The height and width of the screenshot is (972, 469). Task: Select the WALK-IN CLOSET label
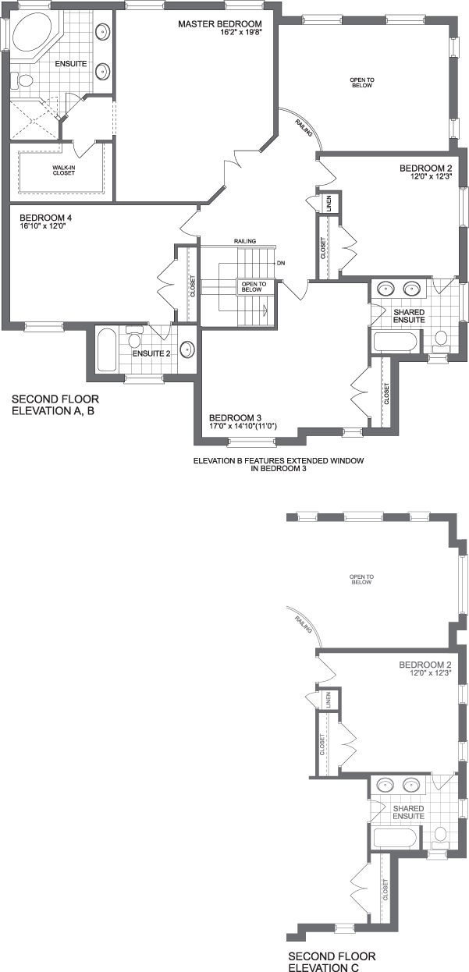[63, 169]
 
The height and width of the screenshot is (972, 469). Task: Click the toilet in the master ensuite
[24, 79]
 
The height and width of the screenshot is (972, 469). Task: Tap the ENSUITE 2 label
[151, 353]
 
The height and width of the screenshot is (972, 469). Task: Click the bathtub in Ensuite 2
[107, 350]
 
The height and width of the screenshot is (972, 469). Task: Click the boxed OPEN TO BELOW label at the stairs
[254, 286]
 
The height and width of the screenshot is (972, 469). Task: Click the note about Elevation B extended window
[279, 464]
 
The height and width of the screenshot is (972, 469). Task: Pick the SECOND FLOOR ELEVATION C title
[332, 962]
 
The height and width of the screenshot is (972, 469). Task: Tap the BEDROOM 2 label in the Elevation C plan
[425, 665]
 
